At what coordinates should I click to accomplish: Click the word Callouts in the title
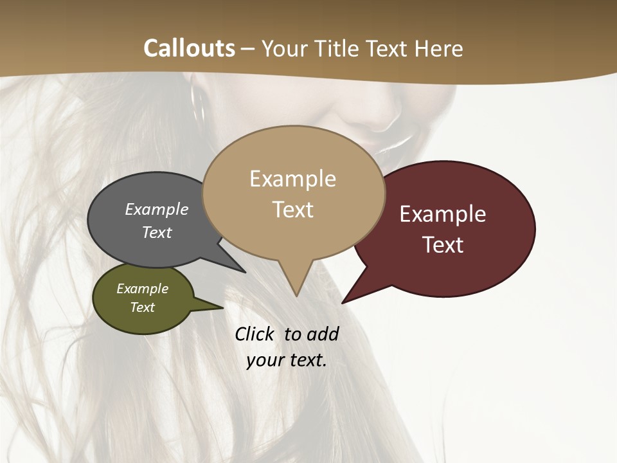(189, 48)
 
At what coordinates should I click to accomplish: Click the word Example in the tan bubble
(292, 179)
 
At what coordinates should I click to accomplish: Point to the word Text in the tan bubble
(292, 210)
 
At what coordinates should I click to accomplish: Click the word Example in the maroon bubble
(443, 214)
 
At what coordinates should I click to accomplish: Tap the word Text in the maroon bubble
(443, 245)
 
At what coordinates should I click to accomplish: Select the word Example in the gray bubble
(156, 209)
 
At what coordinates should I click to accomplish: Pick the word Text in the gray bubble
(156, 232)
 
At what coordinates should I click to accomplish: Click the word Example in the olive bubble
(142, 289)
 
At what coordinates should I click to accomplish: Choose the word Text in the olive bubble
(142, 307)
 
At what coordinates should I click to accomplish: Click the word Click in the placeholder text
(254, 334)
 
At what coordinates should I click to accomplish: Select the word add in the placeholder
(322, 334)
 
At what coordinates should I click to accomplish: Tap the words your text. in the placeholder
(287, 360)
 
